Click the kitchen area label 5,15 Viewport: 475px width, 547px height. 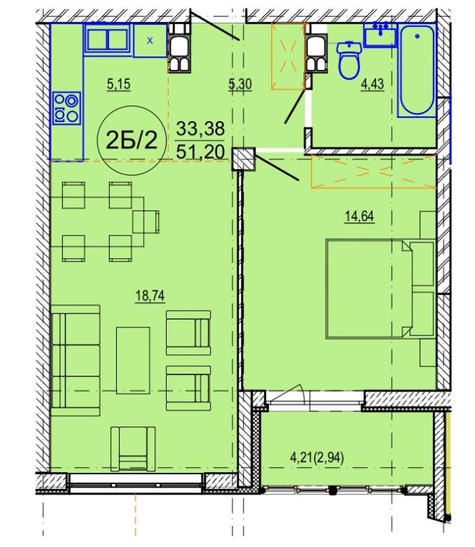(x=119, y=84)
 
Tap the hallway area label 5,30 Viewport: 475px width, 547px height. (x=240, y=84)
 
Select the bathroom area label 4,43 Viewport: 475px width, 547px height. (x=372, y=84)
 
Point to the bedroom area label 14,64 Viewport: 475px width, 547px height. (x=360, y=216)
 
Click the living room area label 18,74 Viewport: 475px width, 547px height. (x=150, y=296)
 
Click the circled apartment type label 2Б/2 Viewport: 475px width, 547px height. (x=132, y=140)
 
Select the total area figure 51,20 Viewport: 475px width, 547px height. (x=200, y=152)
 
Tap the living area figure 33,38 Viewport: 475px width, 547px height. (x=200, y=128)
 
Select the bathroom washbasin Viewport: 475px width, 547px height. (x=380, y=36)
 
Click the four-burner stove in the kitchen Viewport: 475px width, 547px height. (x=66, y=108)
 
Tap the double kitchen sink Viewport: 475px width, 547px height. (x=108, y=39)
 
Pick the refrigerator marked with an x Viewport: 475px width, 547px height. (x=150, y=41)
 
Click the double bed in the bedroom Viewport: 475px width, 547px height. (x=380, y=289)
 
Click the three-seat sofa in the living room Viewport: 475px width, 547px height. (x=75, y=361)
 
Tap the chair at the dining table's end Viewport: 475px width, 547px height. (x=146, y=222)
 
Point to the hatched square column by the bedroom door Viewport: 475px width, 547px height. (x=244, y=159)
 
